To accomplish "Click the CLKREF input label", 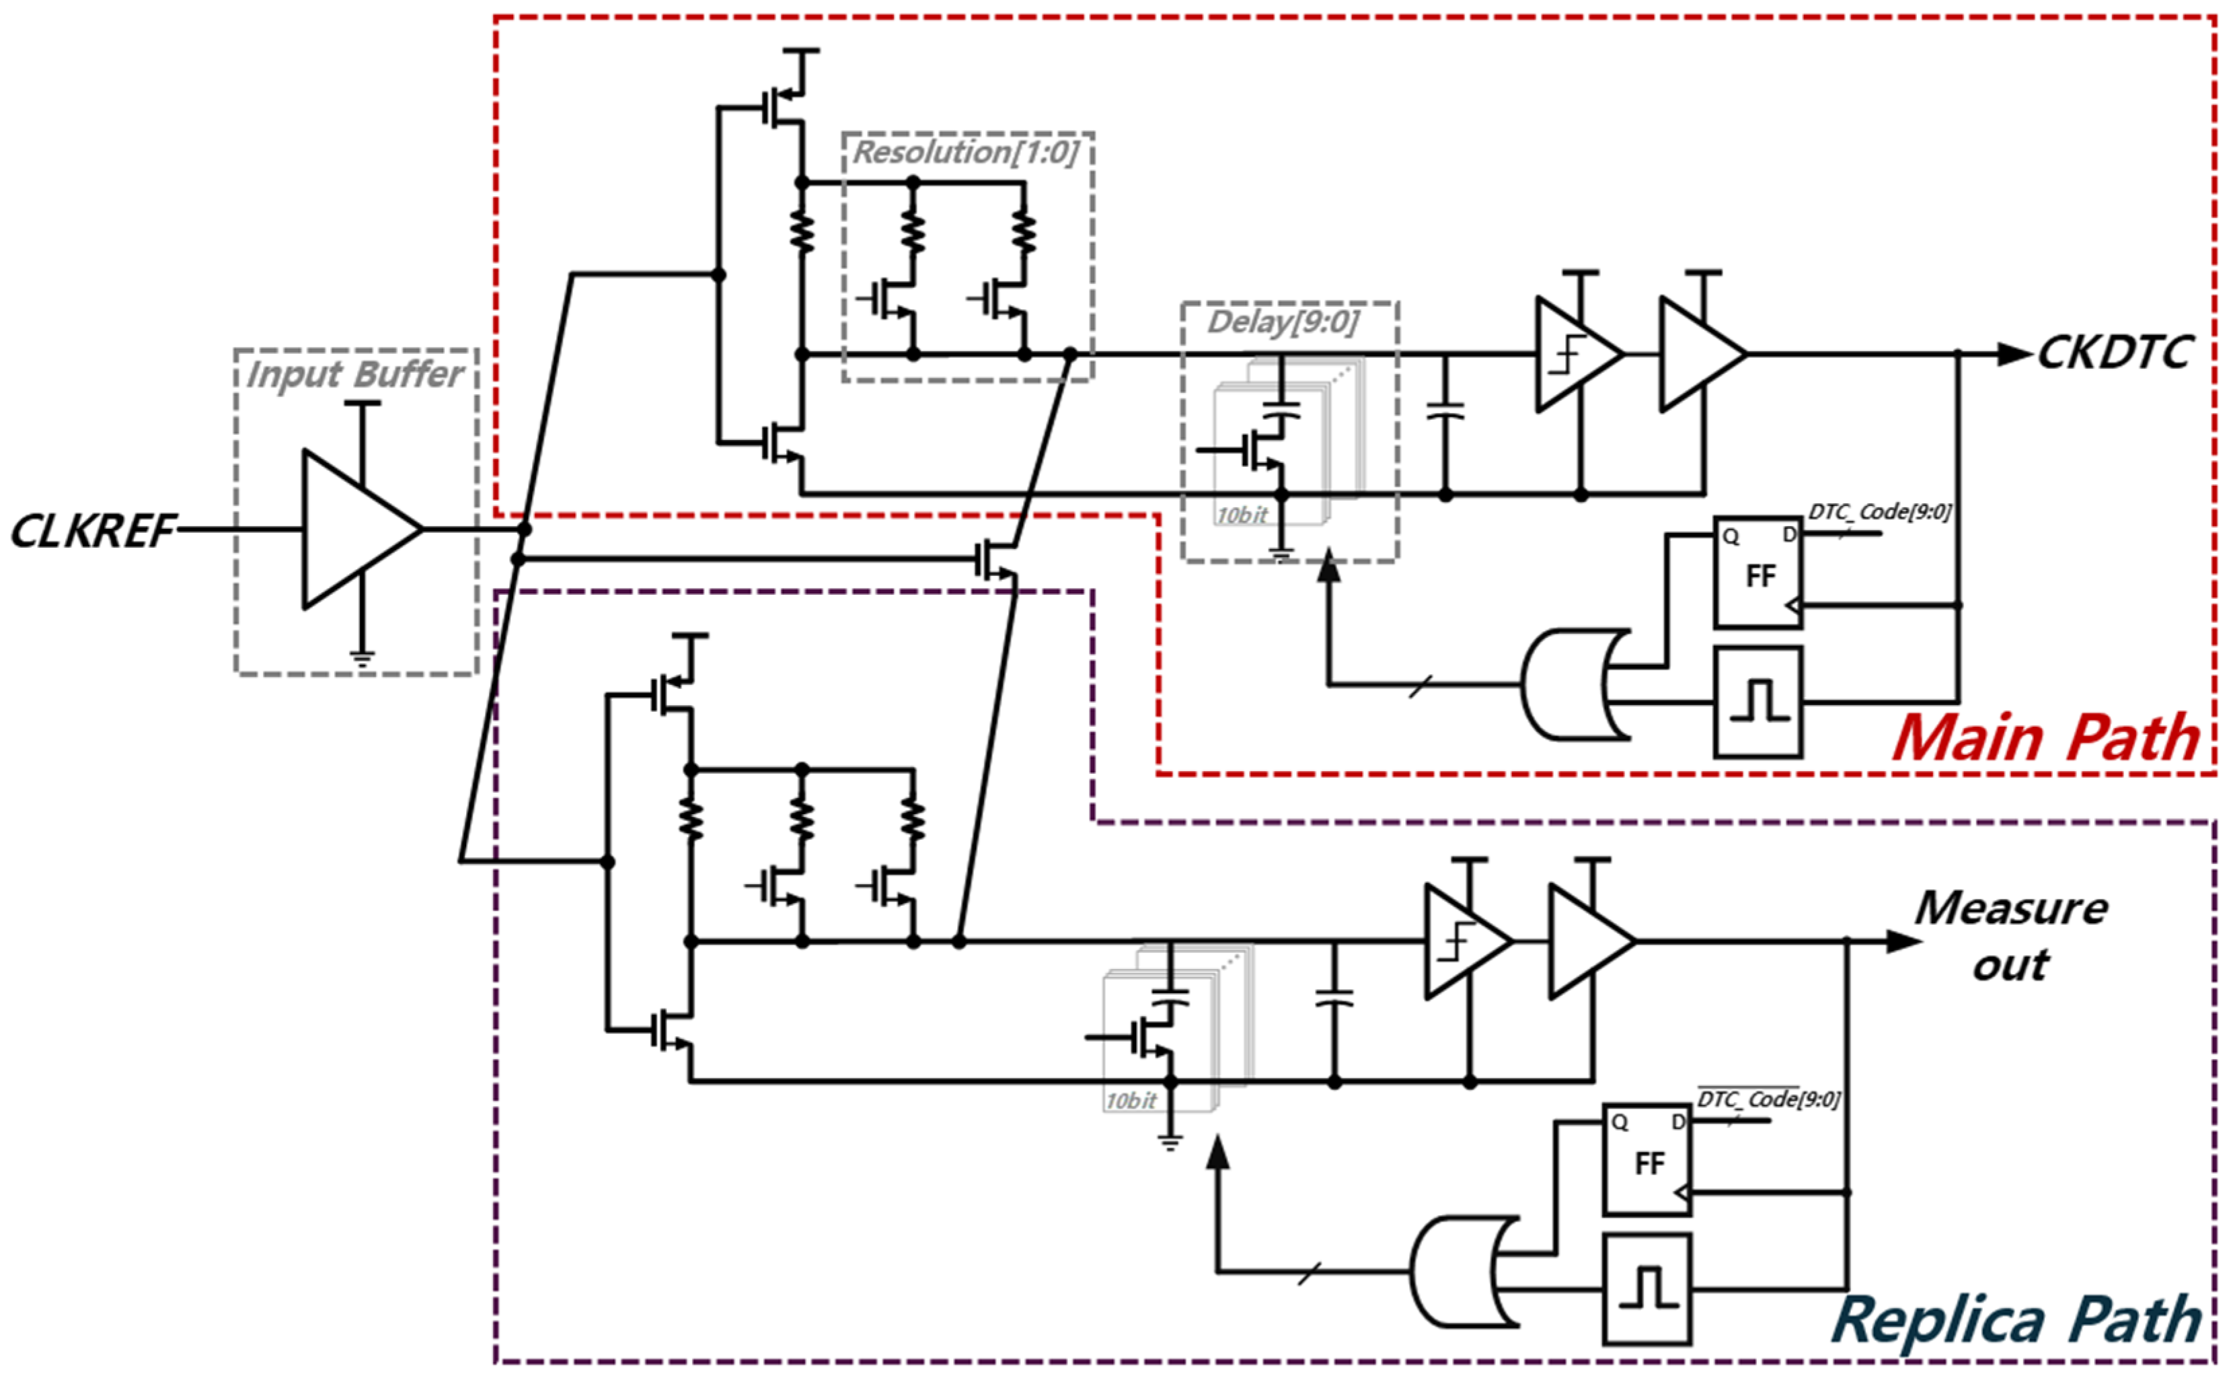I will [91, 530].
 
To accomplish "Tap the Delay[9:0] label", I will [1283, 321].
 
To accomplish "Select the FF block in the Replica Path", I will [1647, 1160].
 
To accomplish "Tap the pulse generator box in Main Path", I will [1757, 702].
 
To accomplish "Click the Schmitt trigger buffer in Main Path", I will [1574, 354].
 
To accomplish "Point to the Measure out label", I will [2012, 936].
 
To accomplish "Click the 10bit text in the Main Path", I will [1242, 515].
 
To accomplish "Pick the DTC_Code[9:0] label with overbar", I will [1768, 1099].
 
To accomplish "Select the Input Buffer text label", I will [355, 373].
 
